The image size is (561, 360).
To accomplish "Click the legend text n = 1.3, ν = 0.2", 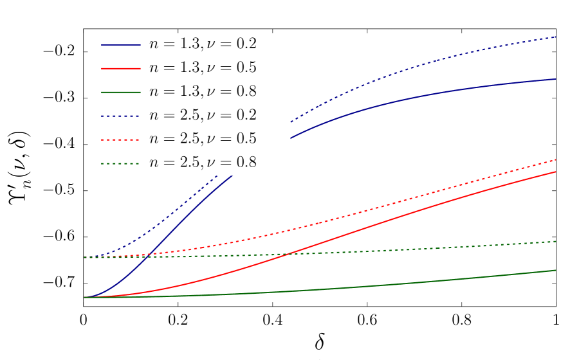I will pos(203,44).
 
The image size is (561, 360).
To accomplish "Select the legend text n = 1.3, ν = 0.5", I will pos(203,68).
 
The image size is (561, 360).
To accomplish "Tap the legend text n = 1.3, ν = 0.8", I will pos(203,92).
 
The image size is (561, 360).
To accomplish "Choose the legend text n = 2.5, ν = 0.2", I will pos(203,116).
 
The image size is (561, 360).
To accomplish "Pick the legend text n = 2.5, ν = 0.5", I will pos(203,139).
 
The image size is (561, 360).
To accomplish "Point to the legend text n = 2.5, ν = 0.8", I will pos(203,163).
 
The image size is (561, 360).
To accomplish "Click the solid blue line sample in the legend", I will pos(120,45).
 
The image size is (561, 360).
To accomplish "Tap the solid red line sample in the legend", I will pos(120,69).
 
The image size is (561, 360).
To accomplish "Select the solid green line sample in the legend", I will pos(120,93).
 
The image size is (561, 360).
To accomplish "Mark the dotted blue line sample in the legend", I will pos(120,116).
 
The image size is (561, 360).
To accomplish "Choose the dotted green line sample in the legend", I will pos(120,164).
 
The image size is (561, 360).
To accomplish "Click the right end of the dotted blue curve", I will pos(555,37).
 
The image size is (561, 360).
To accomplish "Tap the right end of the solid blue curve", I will pos(555,79).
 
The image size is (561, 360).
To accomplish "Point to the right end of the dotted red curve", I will pos(555,159).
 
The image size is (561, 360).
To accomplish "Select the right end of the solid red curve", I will pos(555,172).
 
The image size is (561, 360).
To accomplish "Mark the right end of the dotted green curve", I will pos(555,242).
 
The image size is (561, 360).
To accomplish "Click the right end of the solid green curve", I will pos(555,270).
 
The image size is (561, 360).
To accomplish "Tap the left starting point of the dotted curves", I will pos(84,257).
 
